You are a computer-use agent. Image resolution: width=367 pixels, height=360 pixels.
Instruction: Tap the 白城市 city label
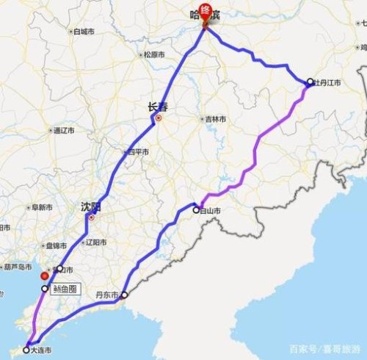click(x=83, y=32)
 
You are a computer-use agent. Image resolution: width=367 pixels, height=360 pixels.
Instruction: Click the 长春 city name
click(x=157, y=107)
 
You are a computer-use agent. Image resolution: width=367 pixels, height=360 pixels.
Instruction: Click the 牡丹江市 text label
click(x=327, y=82)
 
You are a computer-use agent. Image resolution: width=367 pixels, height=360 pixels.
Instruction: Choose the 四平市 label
click(x=137, y=152)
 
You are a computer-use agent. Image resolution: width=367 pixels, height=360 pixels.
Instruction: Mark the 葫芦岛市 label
click(x=16, y=267)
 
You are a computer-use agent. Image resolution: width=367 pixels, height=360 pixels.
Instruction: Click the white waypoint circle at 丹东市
click(x=124, y=295)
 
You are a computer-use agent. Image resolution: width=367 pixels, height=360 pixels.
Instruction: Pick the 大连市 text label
click(x=42, y=351)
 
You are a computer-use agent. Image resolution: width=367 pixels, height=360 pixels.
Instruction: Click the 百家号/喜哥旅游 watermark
click(x=324, y=348)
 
